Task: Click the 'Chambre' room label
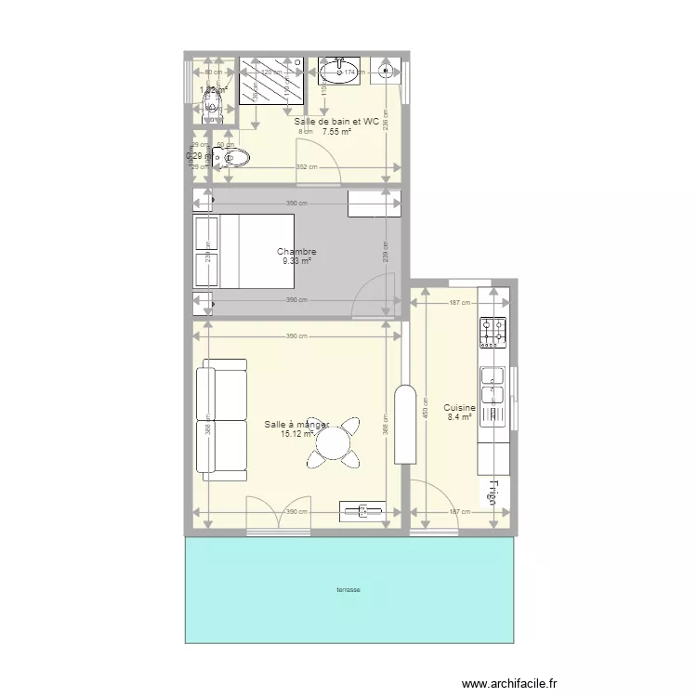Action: (296, 252)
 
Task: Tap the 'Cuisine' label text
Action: (459, 408)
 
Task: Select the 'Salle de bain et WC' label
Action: (336, 122)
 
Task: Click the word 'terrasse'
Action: (348, 590)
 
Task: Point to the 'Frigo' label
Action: (493, 494)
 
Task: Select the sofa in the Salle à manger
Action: (222, 419)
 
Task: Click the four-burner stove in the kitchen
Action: (493, 333)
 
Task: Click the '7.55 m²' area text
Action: (336, 132)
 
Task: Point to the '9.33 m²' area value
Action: (296, 261)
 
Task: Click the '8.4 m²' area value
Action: (459, 418)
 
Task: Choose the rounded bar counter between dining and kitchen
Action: (404, 424)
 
